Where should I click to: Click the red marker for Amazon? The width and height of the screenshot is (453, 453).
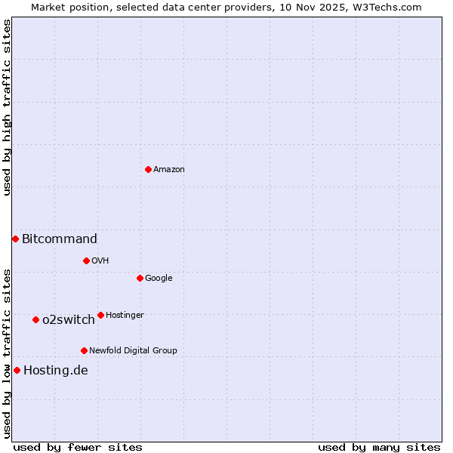tap(148, 169)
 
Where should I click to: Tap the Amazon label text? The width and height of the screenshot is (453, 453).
tap(169, 170)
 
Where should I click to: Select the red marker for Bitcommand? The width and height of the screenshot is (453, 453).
tap(15, 239)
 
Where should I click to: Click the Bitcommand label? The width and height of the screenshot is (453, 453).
tap(60, 239)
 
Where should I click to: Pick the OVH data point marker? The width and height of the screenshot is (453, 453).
tap(86, 260)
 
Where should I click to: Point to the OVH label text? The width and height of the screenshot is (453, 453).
tap(100, 261)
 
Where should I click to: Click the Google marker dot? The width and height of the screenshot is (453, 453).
tap(140, 278)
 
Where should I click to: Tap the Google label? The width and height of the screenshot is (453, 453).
tap(159, 279)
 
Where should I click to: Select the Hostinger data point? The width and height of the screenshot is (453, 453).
tap(100, 315)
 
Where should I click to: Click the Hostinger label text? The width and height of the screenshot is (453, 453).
tap(125, 316)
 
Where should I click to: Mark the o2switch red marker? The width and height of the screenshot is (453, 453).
tap(35, 319)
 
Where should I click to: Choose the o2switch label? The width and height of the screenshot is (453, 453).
tap(69, 320)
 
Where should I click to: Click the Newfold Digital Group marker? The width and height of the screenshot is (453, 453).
tap(84, 350)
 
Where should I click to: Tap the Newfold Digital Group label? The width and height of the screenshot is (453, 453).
tap(133, 351)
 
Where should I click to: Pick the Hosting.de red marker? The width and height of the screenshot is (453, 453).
tap(17, 370)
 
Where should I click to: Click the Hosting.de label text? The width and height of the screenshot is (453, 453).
tap(56, 371)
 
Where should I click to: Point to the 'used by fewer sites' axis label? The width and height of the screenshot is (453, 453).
tap(78, 448)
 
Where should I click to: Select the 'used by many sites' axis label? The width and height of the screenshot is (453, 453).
tap(379, 448)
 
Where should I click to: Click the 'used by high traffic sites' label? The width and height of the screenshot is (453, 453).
tap(7, 107)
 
